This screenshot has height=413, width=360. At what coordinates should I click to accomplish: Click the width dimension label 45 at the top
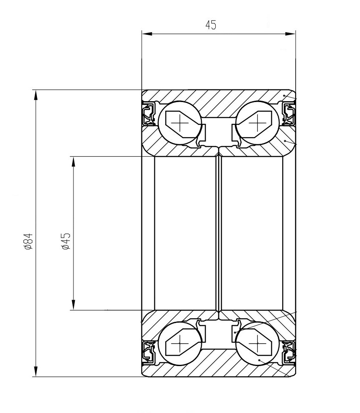tap(211, 25)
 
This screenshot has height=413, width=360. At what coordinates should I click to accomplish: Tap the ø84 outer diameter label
tap(28, 241)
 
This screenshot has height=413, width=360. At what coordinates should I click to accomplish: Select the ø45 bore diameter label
tap(66, 241)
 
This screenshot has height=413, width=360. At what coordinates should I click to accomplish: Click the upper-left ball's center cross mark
tap(180, 123)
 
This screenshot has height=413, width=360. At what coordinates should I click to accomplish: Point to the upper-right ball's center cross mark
tap(257, 123)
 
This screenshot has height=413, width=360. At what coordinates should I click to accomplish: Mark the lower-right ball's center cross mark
tap(257, 344)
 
